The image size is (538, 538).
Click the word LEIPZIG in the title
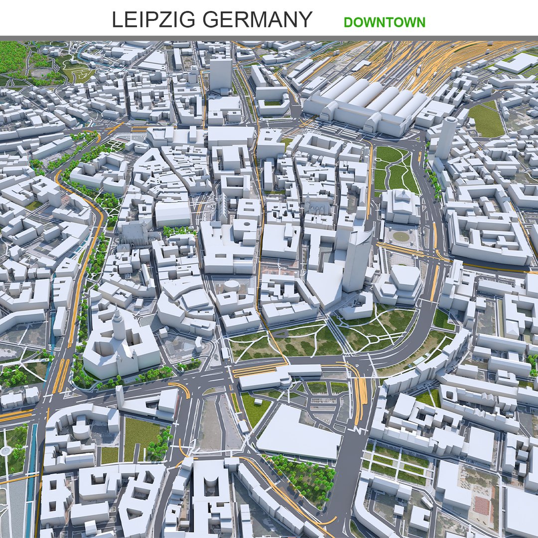149,20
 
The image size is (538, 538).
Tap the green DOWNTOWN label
384,22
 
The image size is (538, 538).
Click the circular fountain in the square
400,236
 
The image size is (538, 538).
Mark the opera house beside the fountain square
400,204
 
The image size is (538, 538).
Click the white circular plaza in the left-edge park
5,451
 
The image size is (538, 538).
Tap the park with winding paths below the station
394,169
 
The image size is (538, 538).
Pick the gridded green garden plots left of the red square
399,463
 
